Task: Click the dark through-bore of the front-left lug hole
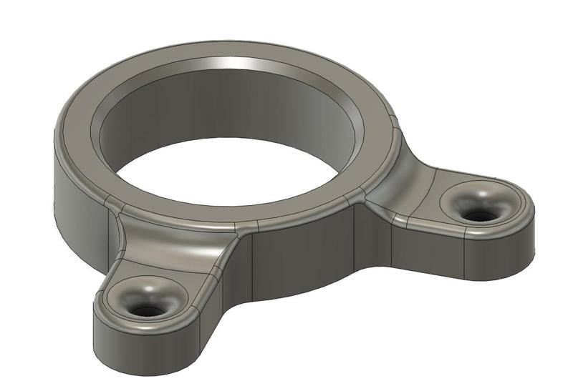tap(149, 311)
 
